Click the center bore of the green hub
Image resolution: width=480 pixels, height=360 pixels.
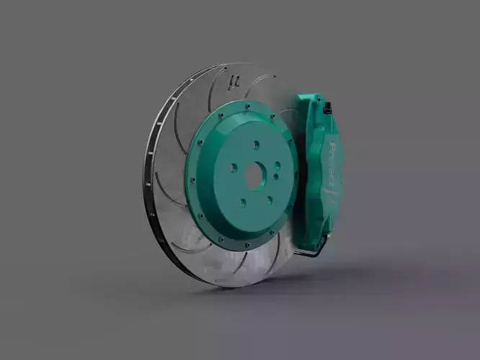tap(254, 175)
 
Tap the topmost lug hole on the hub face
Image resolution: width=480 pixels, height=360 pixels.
tap(255, 144)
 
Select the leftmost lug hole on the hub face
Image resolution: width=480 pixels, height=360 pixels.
tap(234, 168)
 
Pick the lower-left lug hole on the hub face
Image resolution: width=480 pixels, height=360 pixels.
tap(241, 199)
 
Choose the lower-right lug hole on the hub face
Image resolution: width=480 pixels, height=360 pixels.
tap(269, 200)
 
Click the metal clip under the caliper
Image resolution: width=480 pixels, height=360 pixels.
tap(310, 252)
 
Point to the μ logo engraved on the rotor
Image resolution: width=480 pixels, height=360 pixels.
tap(232, 80)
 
